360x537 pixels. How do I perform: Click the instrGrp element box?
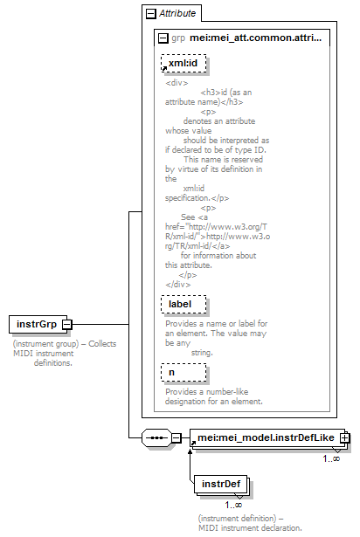click(38, 324)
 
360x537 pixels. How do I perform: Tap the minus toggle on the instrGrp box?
click(67, 324)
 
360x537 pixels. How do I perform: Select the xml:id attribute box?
click(183, 64)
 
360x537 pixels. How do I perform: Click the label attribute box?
click(183, 304)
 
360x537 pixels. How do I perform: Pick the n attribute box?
click(183, 372)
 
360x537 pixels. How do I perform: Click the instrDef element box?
click(221, 485)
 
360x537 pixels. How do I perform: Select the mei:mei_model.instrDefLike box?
click(267, 437)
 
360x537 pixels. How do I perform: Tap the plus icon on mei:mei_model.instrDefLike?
click(345, 437)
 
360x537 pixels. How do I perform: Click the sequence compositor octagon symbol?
click(156, 437)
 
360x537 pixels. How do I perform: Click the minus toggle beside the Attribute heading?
click(151, 14)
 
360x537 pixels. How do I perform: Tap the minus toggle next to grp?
click(163, 38)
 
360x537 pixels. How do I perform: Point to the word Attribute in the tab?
click(177, 13)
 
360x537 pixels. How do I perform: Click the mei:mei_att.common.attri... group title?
click(256, 38)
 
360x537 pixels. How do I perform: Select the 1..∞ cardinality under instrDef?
click(233, 505)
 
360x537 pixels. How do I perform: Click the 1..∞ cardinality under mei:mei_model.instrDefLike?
click(331, 458)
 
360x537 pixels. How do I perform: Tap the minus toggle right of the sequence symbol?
click(177, 437)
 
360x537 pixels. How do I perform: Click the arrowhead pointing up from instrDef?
click(190, 451)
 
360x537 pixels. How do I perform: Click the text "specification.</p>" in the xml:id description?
click(197, 198)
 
